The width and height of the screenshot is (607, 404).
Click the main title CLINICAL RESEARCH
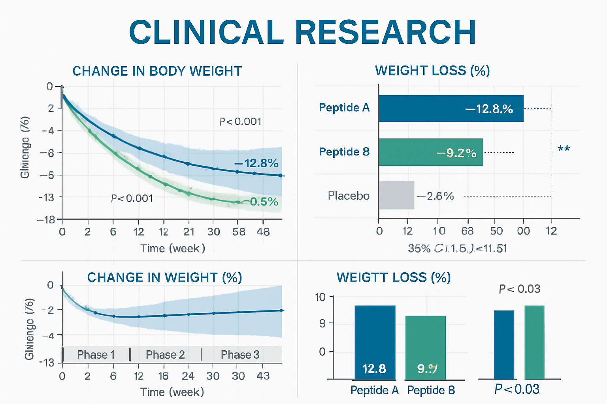(303, 32)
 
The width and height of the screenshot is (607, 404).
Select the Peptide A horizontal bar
(451, 108)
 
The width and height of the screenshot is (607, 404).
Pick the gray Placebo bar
(396, 195)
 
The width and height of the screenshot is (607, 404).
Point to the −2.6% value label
(435, 196)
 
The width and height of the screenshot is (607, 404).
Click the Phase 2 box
(165, 355)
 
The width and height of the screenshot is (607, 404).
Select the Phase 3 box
(240, 355)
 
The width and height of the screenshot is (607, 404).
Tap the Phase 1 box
(96, 355)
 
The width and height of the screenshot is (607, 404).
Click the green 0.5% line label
(264, 202)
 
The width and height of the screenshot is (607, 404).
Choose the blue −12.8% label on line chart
(256, 163)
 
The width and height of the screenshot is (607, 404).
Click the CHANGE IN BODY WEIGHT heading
(157, 71)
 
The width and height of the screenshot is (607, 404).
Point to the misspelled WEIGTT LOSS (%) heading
(394, 277)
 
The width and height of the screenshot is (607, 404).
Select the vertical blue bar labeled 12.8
(375, 342)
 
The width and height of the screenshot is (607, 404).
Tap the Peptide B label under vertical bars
(431, 390)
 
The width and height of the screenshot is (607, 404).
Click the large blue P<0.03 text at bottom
(517, 389)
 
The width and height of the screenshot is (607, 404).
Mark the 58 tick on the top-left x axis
(239, 232)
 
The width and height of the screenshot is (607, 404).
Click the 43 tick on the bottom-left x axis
(263, 376)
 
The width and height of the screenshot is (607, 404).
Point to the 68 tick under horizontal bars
(468, 231)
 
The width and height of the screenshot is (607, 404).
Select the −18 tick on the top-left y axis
(46, 219)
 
